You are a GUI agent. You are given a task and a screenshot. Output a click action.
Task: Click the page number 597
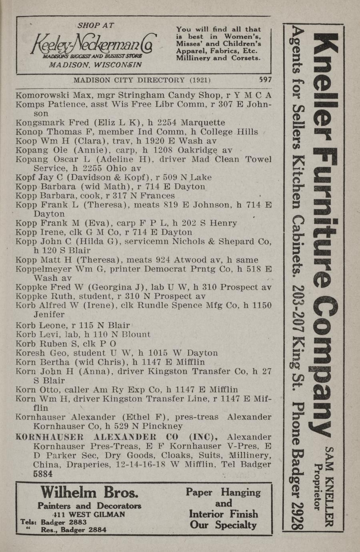[x=265, y=79]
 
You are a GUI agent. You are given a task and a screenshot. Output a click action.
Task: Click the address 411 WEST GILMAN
[x=89, y=514]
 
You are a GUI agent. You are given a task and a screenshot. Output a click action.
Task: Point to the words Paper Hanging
[x=223, y=492]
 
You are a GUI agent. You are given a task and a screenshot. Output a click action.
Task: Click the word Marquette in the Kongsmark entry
[x=203, y=122]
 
